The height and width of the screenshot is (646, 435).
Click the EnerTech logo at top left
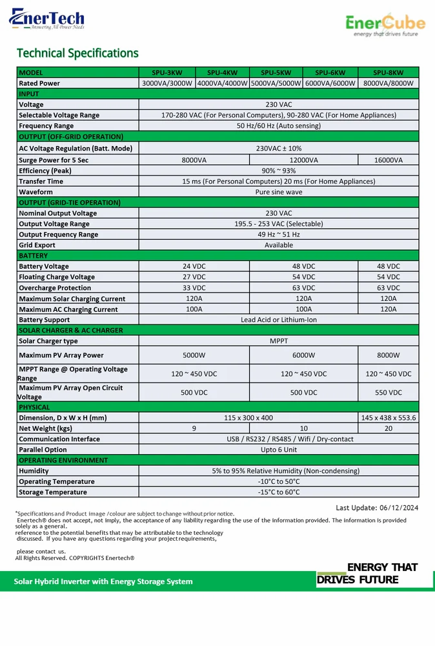46,19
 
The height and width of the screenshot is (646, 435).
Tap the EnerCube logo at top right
385,26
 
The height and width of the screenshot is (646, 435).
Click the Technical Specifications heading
77,53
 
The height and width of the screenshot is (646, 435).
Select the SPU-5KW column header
276,72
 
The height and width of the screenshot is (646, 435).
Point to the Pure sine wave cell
279,192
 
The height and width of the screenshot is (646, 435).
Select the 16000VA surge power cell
388,160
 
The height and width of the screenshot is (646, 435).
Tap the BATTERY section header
34,256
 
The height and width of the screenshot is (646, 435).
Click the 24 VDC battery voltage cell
194,266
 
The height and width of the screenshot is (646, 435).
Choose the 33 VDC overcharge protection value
194,287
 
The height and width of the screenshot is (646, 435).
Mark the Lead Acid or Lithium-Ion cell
279,320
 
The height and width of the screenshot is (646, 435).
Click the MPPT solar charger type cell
279,340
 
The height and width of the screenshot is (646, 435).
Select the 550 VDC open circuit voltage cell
388,392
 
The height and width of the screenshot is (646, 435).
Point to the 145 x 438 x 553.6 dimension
388,418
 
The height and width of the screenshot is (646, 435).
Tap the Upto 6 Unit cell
279,450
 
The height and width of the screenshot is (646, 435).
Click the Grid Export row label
37,245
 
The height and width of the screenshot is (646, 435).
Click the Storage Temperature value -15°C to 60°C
279,492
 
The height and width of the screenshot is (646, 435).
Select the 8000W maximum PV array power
388,355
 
